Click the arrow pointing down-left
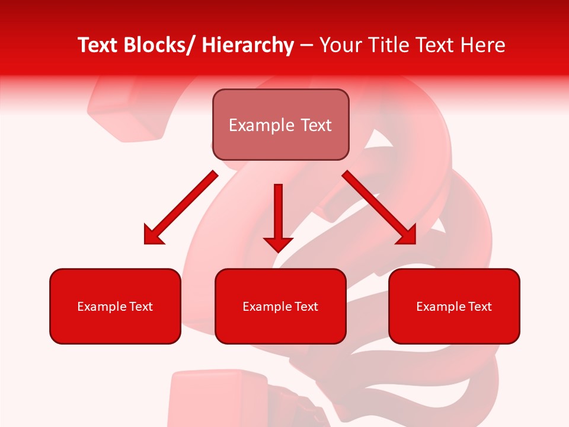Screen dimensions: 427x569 pos(181,208)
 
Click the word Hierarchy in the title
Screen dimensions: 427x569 pos(248,45)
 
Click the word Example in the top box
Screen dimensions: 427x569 pos(261,125)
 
